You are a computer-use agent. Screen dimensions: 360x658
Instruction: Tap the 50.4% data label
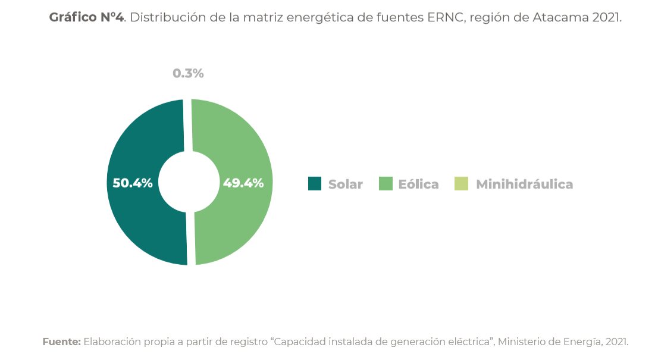[x=133, y=183]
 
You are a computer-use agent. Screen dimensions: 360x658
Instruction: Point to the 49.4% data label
[x=243, y=183]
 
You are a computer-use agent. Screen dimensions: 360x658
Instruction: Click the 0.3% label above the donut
[x=188, y=74]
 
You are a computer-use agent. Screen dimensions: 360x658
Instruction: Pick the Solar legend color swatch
[x=315, y=184]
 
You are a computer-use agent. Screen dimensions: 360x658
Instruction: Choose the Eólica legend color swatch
[x=386, y=184]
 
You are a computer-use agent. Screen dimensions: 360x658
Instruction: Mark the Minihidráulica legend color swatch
[x=461, y=184]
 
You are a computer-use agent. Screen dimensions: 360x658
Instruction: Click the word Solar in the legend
[x=346, y=184]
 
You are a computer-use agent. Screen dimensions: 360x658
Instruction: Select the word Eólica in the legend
[x=418, y=184]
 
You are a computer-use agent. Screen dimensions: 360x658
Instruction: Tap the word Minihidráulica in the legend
[x=524, y=184]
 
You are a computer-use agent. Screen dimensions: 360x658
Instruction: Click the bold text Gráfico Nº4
[x=86, y=17]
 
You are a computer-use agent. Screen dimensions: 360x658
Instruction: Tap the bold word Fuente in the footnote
[x=61, y=342]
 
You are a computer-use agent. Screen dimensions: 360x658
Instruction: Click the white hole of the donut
[x=189, y=182]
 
